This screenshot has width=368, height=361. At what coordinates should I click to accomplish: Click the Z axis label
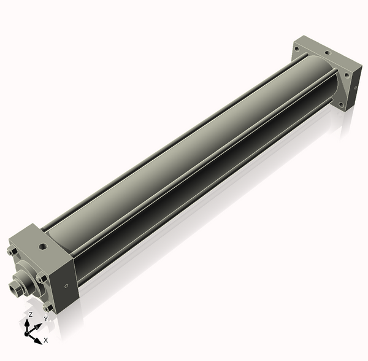tap(30, 315)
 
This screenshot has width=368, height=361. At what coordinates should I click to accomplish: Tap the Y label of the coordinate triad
tap(46, 319)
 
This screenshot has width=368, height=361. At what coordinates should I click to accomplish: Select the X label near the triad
tap(46, 340)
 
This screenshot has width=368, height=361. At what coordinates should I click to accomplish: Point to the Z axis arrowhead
tap(27, 323)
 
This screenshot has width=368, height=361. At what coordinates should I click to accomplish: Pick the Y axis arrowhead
tap(38, 326)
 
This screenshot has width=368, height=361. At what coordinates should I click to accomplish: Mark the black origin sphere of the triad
tap(26, 334)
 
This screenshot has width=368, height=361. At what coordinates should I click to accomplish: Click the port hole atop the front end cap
tap(43, 246)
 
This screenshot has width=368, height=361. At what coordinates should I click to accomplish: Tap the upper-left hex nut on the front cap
tap(12, 252)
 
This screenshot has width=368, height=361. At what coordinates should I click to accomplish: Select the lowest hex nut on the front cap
tap(48, 307)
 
